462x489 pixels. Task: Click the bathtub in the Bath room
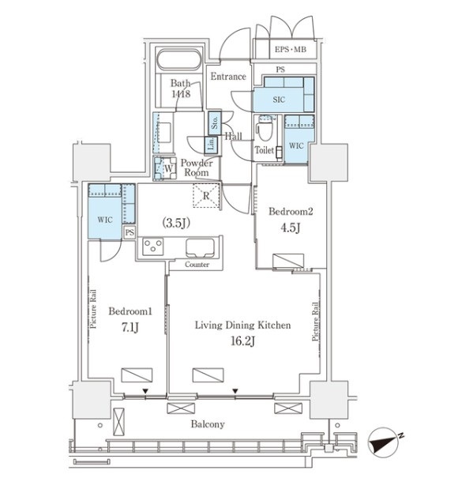point(178,59)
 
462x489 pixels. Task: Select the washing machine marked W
point(164,168)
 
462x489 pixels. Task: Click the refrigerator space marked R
point(206,196)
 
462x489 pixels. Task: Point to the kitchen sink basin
point(200,248)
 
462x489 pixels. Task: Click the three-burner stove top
point(152,246)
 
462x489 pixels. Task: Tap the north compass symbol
point(385,442)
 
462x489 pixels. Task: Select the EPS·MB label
point(291,49)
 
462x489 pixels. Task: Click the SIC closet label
point(279,100)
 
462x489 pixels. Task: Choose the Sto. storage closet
point(215,123)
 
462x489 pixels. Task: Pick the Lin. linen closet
point(211,145)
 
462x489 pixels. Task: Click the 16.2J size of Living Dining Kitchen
point(243,340)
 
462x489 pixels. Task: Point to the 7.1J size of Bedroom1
point(130,327)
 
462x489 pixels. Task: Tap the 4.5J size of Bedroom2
point(291,228)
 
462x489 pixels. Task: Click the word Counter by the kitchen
point(197,265)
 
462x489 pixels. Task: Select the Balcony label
point(208,424)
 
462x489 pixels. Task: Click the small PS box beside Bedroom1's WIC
point(130,232)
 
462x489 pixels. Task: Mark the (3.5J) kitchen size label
point(176,223)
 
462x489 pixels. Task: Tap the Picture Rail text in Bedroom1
point(93,309)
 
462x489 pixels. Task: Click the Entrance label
point(228,77)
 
